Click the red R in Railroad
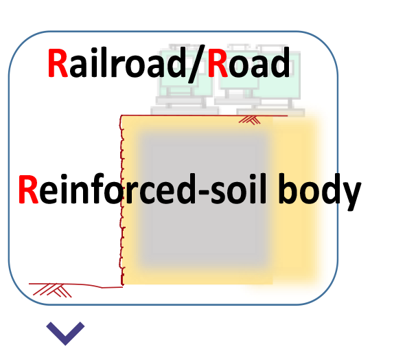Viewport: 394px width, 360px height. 58,63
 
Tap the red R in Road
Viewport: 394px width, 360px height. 218,63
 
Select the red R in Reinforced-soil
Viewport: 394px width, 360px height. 28,189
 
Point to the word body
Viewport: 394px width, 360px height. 319,192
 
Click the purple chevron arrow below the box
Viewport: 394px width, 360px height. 65,333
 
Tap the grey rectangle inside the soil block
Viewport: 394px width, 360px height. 204,198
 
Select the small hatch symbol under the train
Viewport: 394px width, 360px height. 250,120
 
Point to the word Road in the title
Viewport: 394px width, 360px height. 249,63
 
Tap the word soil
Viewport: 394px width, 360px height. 238,189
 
